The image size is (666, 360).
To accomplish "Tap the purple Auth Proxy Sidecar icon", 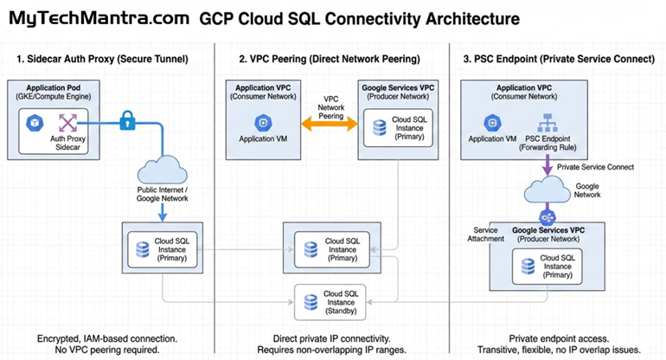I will [67, 123].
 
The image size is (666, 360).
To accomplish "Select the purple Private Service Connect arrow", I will [548, 164].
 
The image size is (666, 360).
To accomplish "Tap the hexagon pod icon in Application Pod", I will [32, 123].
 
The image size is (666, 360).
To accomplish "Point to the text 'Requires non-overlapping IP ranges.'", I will [331, 350].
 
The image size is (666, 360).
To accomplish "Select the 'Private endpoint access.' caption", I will [548, 337].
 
